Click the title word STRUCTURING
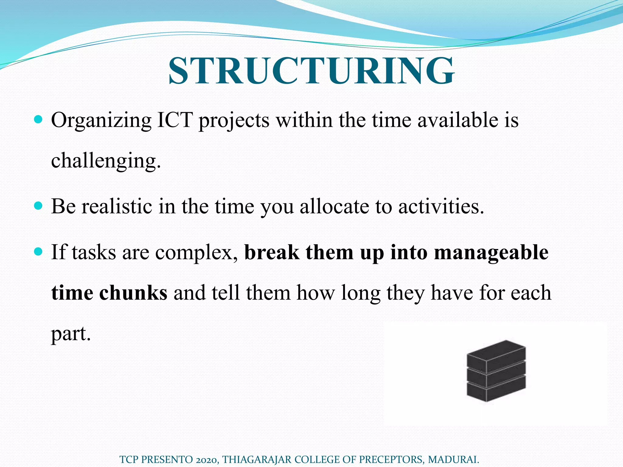click(311, 71)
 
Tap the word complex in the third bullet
click(195, 252)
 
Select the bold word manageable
click(491, 252)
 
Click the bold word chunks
click(133, 293)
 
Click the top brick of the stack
click(496, 354)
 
